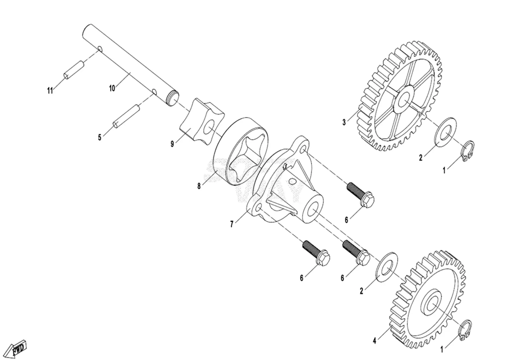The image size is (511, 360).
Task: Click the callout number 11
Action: [50, 91]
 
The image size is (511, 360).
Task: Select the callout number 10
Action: [112, 88]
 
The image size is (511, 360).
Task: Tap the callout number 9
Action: [172, 144]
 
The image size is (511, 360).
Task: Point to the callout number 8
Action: [199, 186]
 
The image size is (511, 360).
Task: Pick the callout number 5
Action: [99, 138]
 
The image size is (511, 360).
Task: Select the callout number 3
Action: [344, 123]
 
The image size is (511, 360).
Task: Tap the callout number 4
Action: [374, 341]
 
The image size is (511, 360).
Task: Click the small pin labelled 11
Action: [74, 70]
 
